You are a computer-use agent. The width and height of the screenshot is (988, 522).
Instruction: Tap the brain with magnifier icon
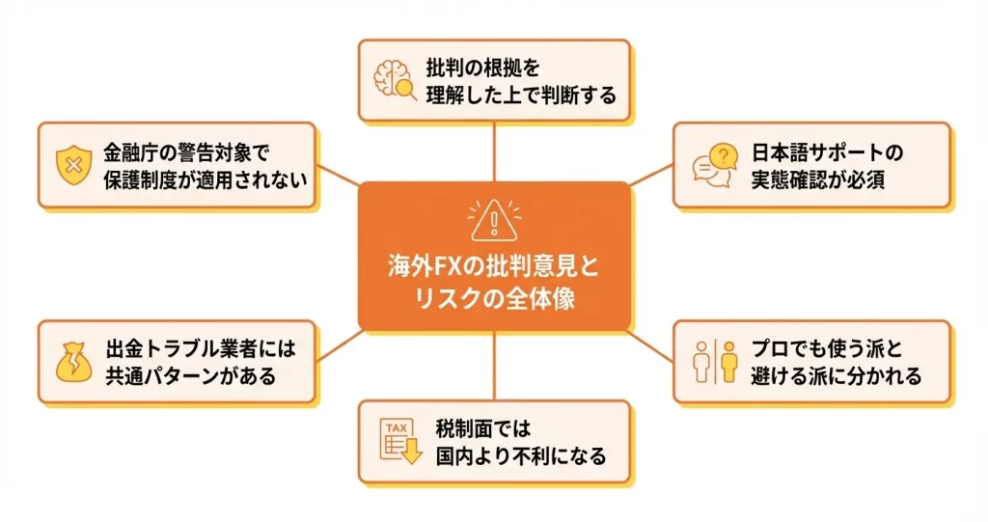pos(395,81)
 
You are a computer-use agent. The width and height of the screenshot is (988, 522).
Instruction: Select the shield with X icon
pos(72,165)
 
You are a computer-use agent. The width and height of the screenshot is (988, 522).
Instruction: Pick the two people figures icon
pos(715,362)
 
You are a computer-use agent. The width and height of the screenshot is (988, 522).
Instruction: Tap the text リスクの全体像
pos(493,298)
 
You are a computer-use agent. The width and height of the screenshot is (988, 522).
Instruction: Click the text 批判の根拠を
pos(483,69)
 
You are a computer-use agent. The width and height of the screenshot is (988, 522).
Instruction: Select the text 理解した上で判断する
pos(520,96)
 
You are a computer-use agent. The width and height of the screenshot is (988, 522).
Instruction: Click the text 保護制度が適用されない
pos(206,179)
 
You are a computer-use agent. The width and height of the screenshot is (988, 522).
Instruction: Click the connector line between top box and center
pos(493,151)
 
